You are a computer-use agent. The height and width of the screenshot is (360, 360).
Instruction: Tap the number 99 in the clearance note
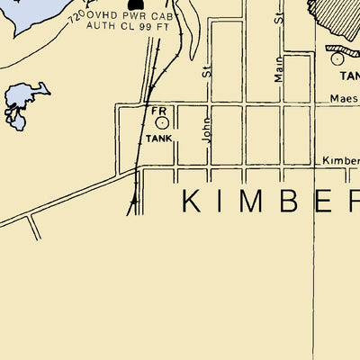pos(149,26)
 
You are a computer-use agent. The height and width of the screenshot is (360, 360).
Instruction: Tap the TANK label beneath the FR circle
pos(158,139)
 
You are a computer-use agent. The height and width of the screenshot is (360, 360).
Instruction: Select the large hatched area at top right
pos(337,18)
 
